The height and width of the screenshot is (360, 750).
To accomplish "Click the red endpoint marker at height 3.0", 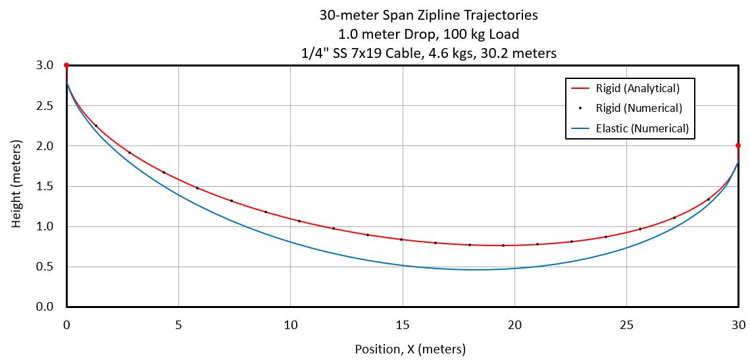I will pos(66,65).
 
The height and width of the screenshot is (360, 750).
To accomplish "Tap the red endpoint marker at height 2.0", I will pos(738,145).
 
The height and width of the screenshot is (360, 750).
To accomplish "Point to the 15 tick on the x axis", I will pos(402,324).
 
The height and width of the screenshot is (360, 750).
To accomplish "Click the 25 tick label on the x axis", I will pos(626,324).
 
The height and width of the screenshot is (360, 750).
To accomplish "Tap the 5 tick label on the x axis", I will pos(178,324).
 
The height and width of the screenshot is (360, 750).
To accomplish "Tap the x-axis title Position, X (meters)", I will pos(410,349).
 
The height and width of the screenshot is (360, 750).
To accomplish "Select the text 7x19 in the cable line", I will pos(389,53).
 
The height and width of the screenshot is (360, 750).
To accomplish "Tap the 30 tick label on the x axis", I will pos(739,324).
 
